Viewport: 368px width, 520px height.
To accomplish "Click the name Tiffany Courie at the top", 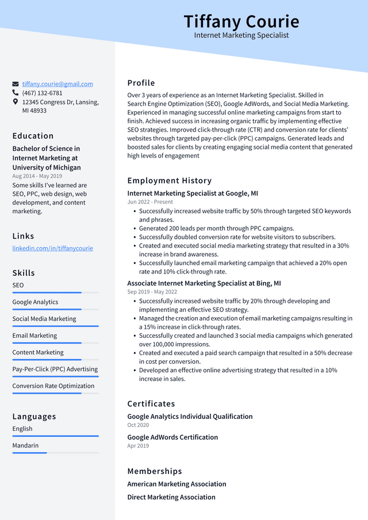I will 241,22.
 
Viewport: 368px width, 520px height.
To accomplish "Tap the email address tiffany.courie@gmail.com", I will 57,84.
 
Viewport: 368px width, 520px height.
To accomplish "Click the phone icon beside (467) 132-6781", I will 16,93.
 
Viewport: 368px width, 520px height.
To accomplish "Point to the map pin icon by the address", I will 16,102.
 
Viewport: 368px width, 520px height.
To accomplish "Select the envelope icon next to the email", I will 16,84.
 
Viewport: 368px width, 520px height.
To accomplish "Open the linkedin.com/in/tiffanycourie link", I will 52,248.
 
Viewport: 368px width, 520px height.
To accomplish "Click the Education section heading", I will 33,136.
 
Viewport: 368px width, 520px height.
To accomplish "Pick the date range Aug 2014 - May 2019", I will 37,176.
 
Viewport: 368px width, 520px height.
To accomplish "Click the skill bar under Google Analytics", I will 55,309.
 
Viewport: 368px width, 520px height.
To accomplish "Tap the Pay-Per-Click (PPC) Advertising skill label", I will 55,369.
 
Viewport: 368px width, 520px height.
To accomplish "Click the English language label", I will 22,429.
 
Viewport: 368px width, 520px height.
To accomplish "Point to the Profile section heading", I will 141,83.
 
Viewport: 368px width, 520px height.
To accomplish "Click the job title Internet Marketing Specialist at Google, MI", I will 193,194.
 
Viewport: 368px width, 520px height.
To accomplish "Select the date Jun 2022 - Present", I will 150,202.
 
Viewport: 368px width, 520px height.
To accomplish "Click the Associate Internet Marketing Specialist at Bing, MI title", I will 204,283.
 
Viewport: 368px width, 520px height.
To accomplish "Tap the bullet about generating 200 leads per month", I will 216,228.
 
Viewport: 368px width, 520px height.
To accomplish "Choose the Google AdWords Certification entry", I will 172,437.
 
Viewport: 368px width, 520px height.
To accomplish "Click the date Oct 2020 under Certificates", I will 138,425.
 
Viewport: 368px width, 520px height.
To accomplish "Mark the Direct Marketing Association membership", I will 171,497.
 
